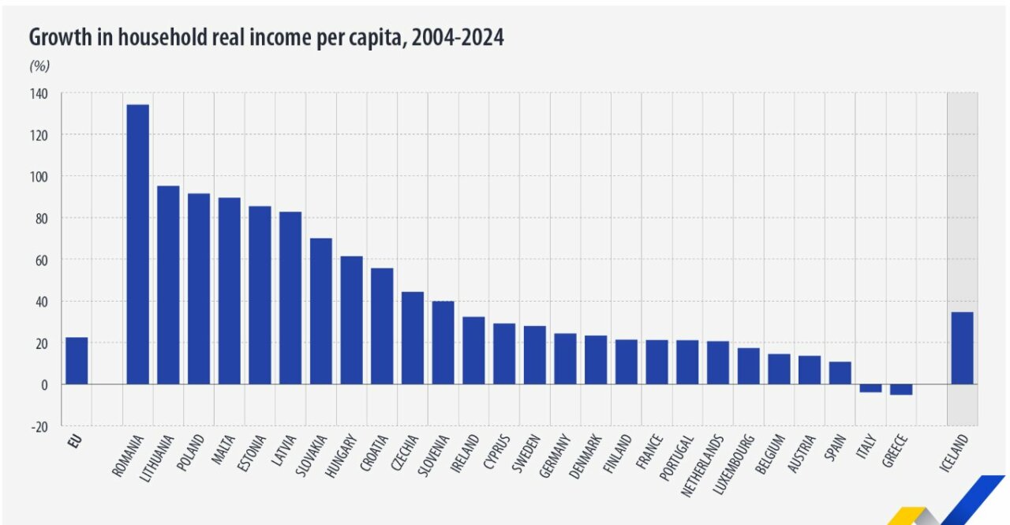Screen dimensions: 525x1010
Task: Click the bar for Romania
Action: pos(137,244)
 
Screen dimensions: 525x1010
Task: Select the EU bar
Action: pos(77,361)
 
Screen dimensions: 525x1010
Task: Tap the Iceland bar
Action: pos(962,348)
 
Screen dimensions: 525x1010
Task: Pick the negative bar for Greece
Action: pos(901,389)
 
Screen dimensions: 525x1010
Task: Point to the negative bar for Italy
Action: pos(870,388)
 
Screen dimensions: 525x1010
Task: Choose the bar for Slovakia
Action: pos(320,311)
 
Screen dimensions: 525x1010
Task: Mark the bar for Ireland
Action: pos(473,351)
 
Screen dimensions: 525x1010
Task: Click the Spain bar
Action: pos(840,373)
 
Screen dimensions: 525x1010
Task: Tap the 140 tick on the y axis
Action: pos(39,94)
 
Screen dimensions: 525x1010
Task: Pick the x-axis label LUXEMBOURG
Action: pos(734,464)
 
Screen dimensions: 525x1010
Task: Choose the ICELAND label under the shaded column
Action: pos(954,453)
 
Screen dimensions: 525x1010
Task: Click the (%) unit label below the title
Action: pos(39,65)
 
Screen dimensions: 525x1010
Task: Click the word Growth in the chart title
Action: pos(58,37)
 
